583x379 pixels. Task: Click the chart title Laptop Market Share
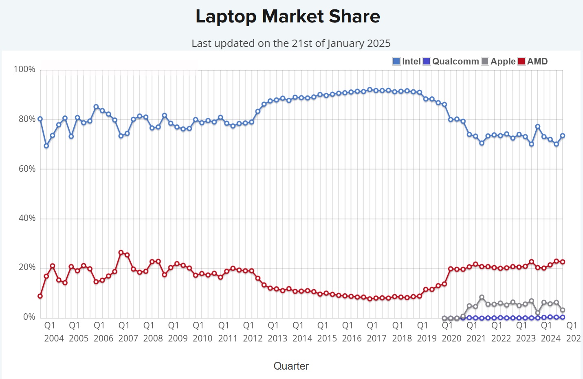[x=288, y=17]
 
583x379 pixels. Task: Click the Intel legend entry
[x=407, y=62]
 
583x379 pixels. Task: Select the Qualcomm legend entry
[x=451, y=62]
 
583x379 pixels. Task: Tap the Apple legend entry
[x=498, y=62]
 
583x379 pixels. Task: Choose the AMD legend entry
[x=533, y=62]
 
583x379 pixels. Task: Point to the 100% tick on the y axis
[x=24, y=69]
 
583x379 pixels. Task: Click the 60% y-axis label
[x=27, y=169]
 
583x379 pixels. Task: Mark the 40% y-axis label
[x=27, y=218]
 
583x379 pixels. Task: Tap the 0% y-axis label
[x=29, y=317]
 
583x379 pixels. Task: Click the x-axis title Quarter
[x=291, y=366]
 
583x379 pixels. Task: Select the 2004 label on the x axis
[x=54, y=338]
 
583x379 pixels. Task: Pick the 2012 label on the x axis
[x=253, y=338]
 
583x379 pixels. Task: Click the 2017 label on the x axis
[x=376, y=338]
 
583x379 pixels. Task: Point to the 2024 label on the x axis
[x=550, y=338]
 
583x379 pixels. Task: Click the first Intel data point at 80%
[x=40, y=119]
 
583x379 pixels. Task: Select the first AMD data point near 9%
[x=40, y=296]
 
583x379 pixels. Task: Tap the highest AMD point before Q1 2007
[x=121, y=253]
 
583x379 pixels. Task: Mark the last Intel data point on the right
[x=563, y=136]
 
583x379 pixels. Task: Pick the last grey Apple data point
[x=563, y=310]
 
